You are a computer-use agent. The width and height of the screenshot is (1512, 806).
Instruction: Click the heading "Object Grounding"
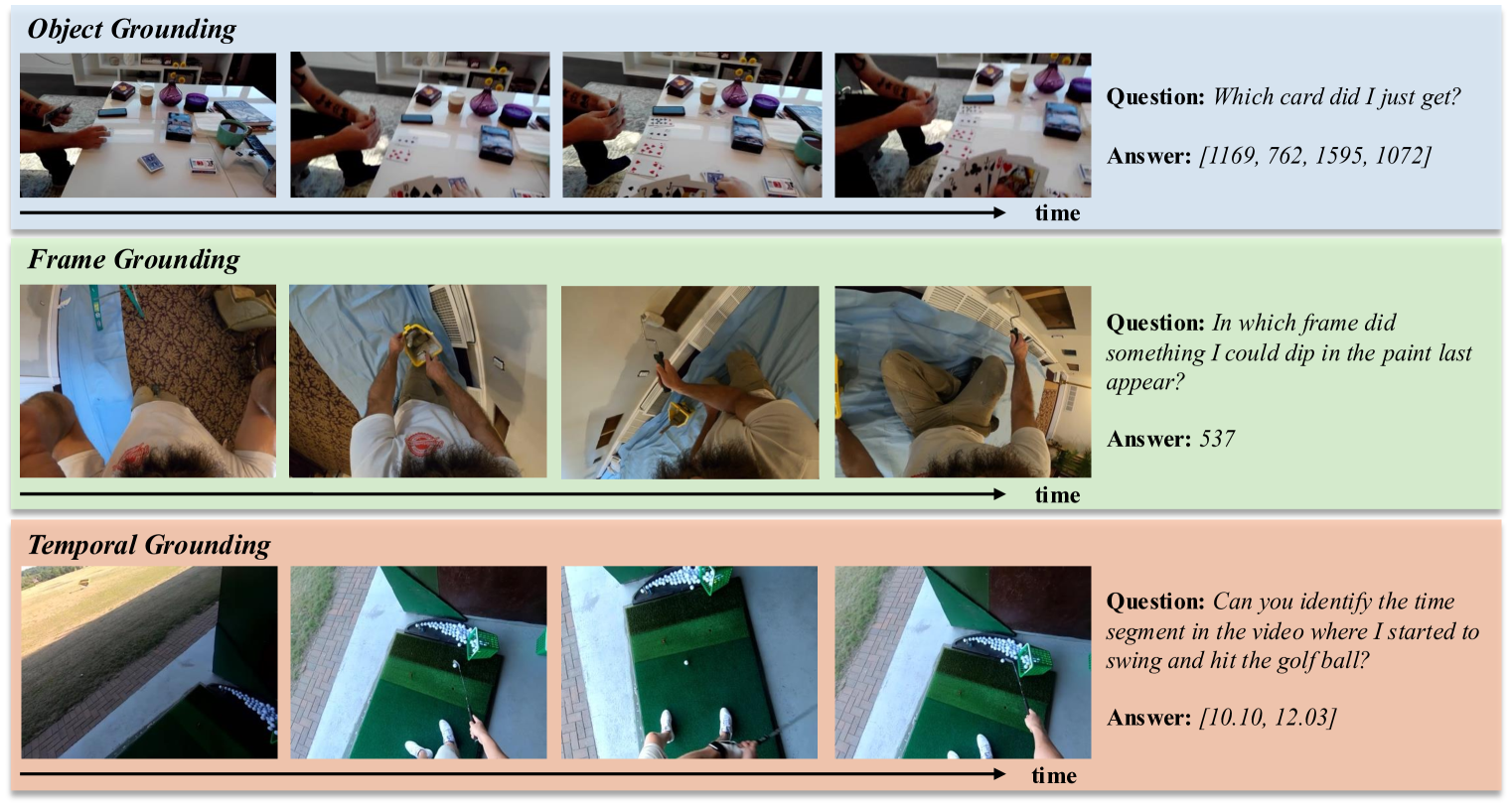pyautogui.click(x=131, y=30)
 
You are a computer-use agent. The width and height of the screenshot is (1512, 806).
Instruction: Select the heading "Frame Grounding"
pyautogui.click(x=134, y=260)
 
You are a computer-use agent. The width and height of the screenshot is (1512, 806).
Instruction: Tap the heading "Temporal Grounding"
pyautogui.click(x=148, y=545)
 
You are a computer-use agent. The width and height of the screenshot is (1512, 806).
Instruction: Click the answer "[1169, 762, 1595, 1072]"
pyautogui.click(x=1315, y=157)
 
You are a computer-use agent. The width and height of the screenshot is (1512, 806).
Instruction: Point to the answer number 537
pyautogui.click(x=1217, y=439)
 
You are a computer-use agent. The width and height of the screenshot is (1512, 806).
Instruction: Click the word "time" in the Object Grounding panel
pyautogui.click(x=1058, y=213)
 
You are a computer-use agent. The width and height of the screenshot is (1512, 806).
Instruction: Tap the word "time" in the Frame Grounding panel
pyautogui.click(x=1058, y=495)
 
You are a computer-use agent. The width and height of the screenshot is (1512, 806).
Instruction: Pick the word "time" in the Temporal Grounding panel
pyautogui.click(x=1054, y=775)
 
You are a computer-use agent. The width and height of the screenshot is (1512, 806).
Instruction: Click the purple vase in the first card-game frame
pyautogui.click(x=171, y=91)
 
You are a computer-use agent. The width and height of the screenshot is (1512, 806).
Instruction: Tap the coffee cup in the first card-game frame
pyautogui.click(x=146, y=95)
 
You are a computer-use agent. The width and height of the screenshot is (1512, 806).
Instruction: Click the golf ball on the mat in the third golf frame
pyautogui.click(x=686, y=662)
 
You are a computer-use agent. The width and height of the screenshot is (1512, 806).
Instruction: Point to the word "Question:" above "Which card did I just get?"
pyautogui.click(x=1155, y=98)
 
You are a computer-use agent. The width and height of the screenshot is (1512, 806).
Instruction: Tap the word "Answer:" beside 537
pyautogui.click(x=1148, y=439)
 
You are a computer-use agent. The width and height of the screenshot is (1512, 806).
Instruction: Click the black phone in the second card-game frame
pyautogui.click(x=416, y=119)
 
